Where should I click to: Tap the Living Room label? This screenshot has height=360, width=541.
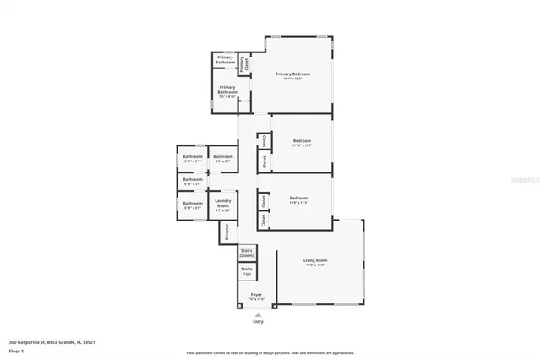tap(315, 262)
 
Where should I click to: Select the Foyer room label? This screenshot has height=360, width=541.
tap(255, 297)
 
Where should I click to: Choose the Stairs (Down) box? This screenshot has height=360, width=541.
tap(247, 253)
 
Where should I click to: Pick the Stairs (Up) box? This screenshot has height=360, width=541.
tap(247, 272)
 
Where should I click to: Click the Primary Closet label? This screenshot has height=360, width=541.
tap(243, 63)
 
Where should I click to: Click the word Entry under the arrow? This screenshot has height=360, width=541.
tap(258, 322)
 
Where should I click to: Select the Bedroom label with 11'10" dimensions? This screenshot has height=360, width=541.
tap(302, 142)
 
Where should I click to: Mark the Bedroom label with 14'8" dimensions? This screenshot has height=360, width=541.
tap(298, 199)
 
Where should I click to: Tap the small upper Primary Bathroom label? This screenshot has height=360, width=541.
tap(225, 61)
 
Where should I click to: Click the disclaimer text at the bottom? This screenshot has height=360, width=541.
tap(270, 353)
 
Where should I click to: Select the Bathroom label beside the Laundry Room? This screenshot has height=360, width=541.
tap(193, 204)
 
